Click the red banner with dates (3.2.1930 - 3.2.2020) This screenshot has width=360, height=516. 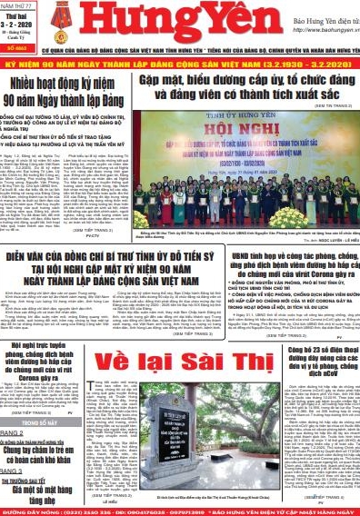pyautogui.click(x=180, y=68)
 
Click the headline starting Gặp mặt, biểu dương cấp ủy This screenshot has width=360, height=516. pyautogui.click(x=238, y=88)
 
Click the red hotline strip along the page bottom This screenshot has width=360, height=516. pyautogui.click(x=180, y=510)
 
